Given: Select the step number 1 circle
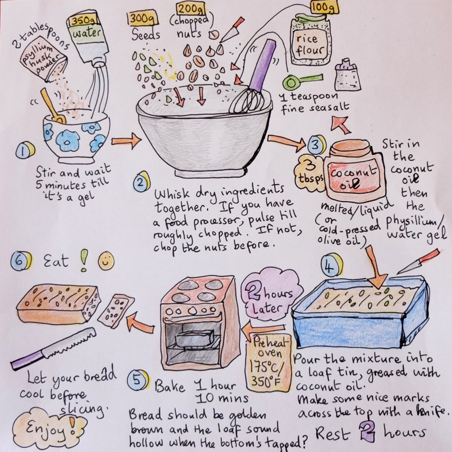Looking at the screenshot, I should click(24, 152).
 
